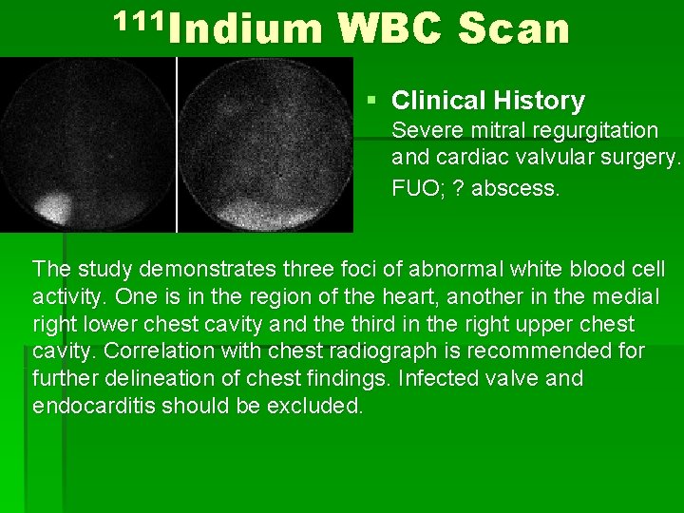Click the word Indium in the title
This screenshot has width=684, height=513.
pyautogui.click(x=248, y=29)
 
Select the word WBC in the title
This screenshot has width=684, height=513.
pyautogui.click(x=389, y=29)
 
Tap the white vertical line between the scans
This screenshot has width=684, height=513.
pyautogui.click(x=177, y=142)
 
